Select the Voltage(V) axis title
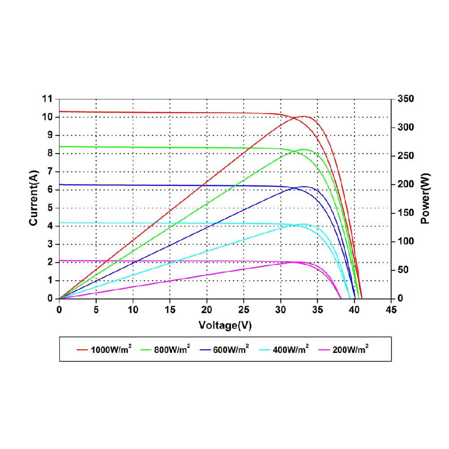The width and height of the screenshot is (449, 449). (225, 326)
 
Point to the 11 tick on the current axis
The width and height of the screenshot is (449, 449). (47, 99)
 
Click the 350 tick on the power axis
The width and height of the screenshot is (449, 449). (402, 99)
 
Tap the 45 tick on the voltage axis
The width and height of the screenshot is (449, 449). (391, 310)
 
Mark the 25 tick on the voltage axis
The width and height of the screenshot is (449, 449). (244, 310)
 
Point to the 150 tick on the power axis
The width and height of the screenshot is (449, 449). (402, 213)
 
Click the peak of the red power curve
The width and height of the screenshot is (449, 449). (304, 116)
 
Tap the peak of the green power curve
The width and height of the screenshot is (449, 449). (304, 149)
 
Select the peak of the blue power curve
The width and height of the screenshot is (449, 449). (304, 186)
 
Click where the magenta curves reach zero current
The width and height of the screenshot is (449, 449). (341, 298)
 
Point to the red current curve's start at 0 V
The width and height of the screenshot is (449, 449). (60, 111)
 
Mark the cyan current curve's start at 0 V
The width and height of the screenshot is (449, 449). (60, 223)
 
